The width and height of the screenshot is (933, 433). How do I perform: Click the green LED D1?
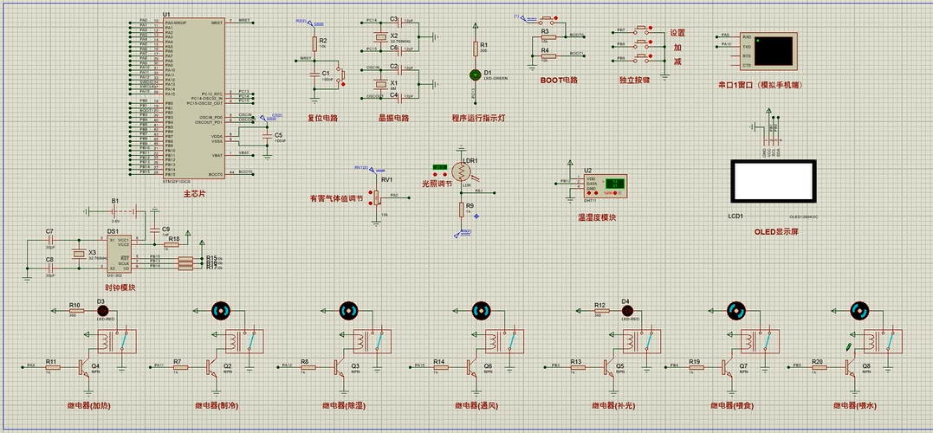coord(474,75)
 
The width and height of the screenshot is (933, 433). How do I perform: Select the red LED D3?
coord(101,310)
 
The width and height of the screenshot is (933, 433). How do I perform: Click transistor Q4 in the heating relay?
coord(85,367)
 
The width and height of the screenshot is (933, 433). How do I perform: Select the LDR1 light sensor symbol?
coord(470,170)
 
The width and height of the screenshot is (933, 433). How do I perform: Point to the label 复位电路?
coord(323,118)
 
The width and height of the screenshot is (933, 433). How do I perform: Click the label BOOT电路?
coord(558,80)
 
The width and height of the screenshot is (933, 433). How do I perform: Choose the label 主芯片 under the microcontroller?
coord(194,194)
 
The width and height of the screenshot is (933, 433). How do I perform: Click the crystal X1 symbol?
coord(379,84)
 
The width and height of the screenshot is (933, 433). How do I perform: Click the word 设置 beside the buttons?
coord(677,34)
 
